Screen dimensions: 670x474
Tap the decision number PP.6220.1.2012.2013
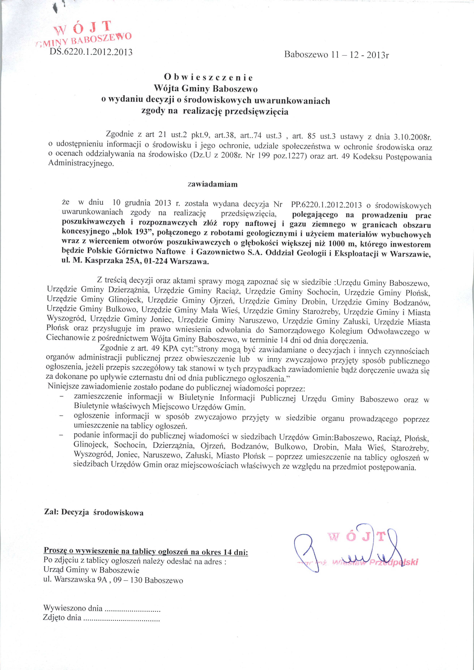tap(326, 205)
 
